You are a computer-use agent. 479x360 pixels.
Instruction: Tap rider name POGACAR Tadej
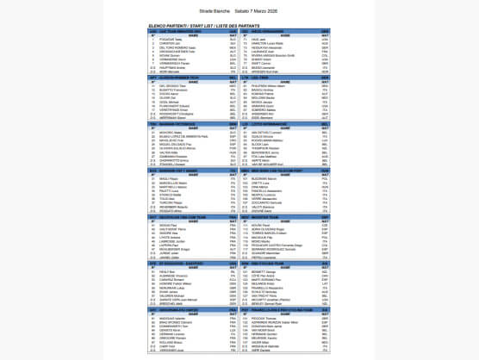(171, 39)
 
